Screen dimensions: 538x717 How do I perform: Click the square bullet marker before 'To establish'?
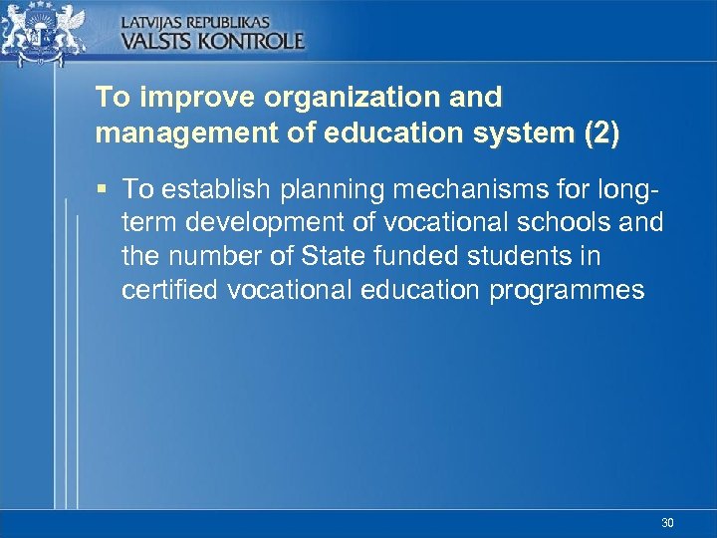[104, 187]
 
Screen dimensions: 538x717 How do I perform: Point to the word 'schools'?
[568, 222]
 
